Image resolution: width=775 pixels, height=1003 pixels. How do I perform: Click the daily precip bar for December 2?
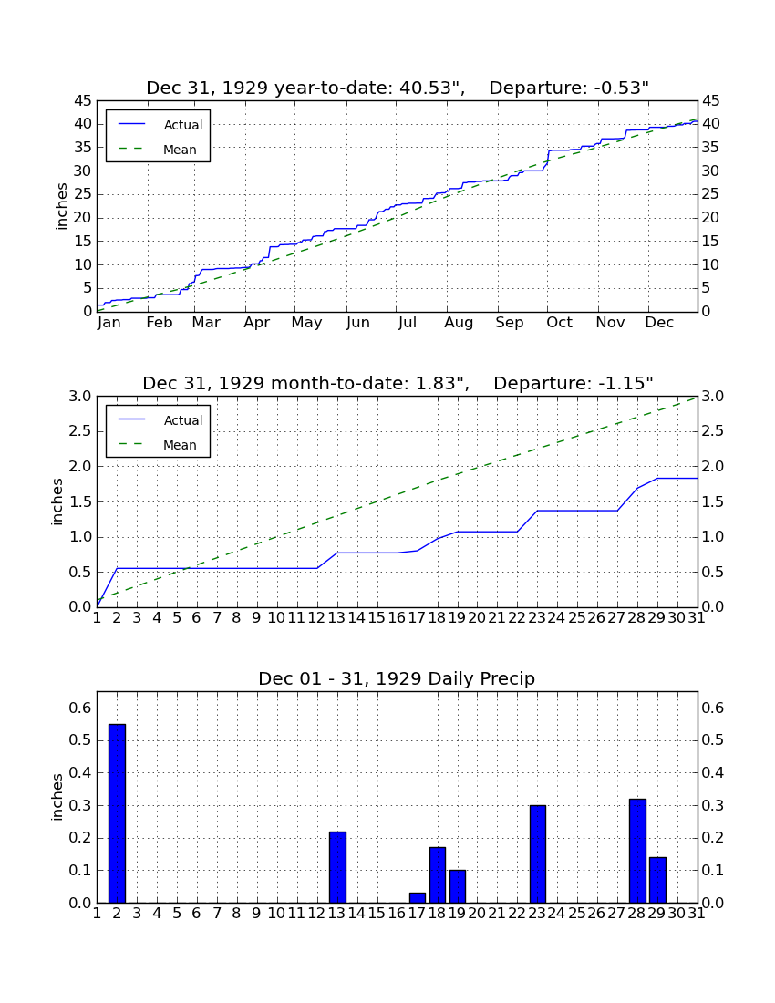coord(117,813)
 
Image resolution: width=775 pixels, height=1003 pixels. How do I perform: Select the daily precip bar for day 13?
coord(337,867)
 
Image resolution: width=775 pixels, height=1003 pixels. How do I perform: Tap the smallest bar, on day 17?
coord(418,897)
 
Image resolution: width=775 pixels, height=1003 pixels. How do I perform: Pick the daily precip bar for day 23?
coord(538,853)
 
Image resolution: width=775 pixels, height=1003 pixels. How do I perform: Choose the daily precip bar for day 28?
coord(637,850)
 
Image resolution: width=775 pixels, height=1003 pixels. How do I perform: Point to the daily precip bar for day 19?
coord(458,886)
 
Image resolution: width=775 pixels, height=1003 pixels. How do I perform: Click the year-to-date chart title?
coord(398,88)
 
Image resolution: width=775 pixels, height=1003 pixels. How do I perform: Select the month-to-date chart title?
coord(398,383)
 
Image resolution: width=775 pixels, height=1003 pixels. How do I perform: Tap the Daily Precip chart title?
coord(397,678)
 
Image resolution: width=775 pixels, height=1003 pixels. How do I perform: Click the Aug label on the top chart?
coord(460,323)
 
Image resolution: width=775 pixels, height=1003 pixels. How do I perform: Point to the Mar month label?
coord(207,323)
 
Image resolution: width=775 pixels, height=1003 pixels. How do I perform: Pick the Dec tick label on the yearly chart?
coord(659,323)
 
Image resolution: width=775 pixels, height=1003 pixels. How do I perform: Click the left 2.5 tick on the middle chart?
coord(80,431)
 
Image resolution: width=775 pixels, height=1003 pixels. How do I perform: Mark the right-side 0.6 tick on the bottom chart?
coord(713,708)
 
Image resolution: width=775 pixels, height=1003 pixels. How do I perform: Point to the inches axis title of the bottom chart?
coord(57,797)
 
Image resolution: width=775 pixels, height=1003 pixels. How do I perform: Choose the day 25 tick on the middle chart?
coord(577,618)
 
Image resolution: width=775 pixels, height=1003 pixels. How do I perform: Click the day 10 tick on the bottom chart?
coord(276,914)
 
